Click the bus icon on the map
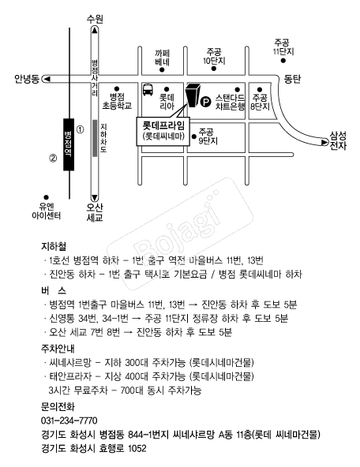[148, 89]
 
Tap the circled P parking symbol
[205, 103]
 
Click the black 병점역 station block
[69, 144]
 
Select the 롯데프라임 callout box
[163, 131]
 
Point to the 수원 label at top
[95, 19]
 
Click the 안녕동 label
[27, 79]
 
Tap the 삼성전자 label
[338, 140]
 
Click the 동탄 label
[292, 79]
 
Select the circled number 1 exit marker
[81, 129]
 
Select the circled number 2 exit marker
[53, 158]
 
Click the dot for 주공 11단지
[283, 61]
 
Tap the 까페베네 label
[162, 58]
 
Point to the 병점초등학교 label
[117, 101]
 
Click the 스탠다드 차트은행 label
[230, 103]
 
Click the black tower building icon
[193, 95]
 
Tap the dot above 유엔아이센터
[47, 197]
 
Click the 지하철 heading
[54, 246]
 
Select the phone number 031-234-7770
[69, 420]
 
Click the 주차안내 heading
[58, 348]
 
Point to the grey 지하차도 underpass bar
[95, 138]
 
